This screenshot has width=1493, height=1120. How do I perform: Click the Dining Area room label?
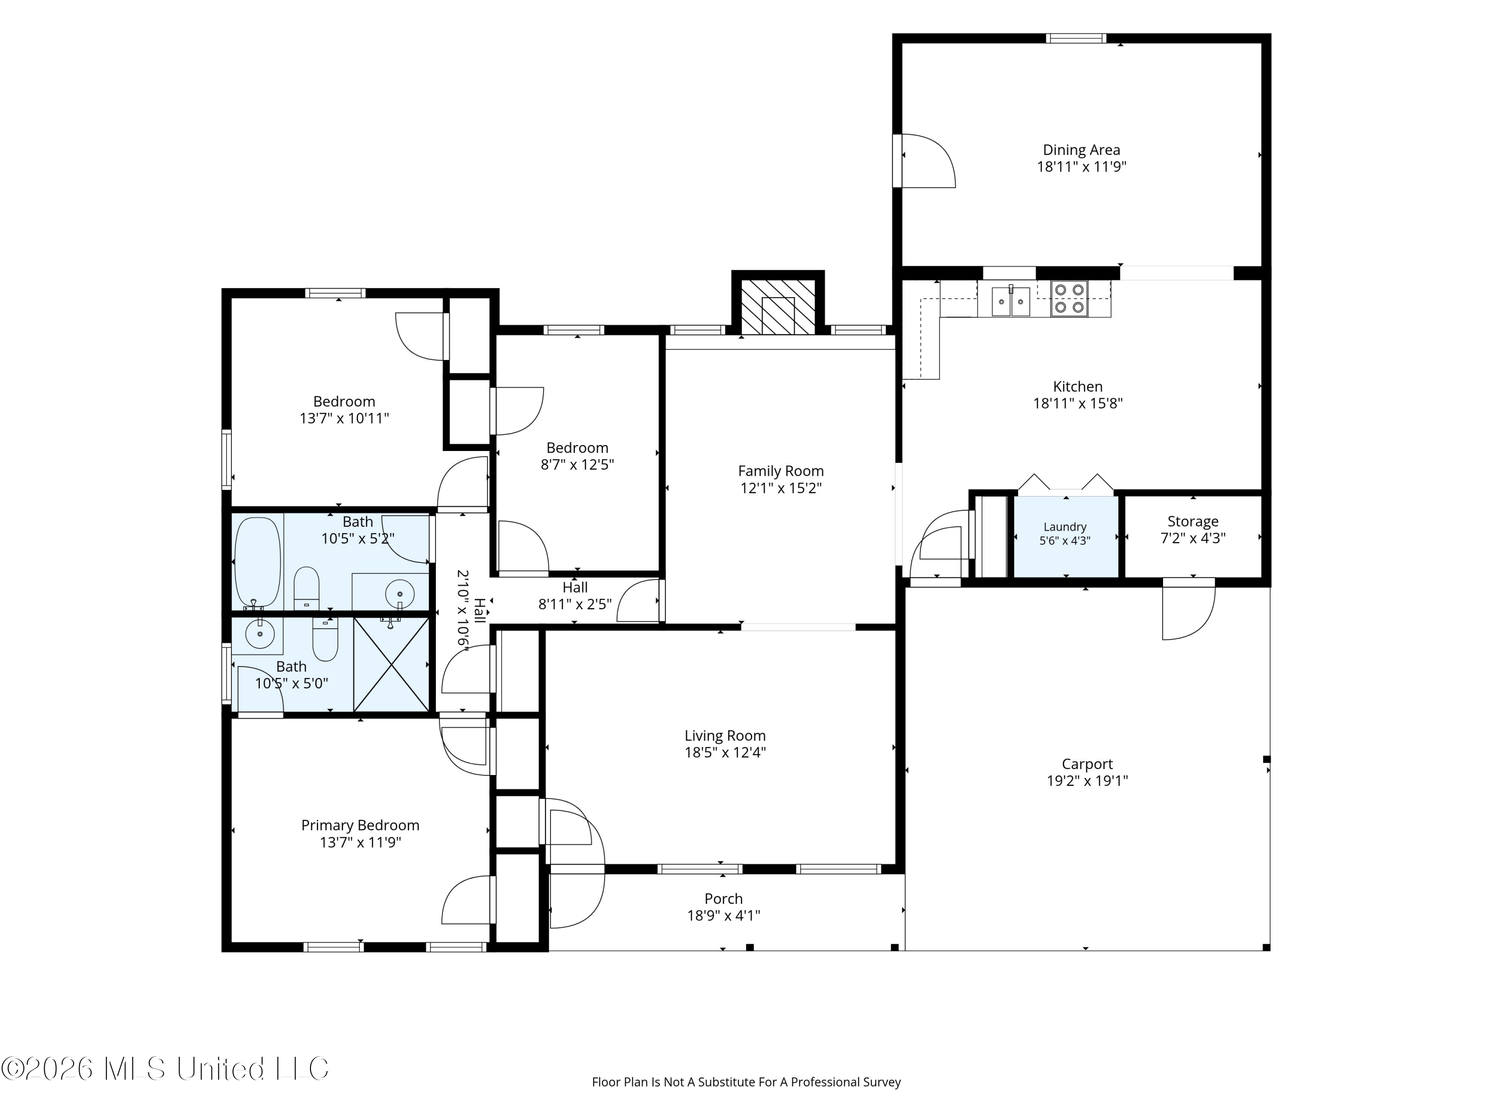point(1081,150)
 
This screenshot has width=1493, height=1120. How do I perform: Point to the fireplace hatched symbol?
point(778,307)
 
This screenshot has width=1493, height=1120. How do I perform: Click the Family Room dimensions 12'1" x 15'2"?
point(781,488)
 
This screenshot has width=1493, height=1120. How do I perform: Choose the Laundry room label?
point(1065,527)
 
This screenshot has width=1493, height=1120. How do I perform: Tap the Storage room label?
point(1192,521)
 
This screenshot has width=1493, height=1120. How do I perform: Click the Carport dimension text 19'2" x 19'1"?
point(1087,781)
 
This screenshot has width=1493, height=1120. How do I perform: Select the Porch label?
point(724,898)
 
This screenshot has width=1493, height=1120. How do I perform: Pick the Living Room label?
point(725,735)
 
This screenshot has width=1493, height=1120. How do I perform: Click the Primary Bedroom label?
point(360,825)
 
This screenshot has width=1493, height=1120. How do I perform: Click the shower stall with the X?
point(392,665)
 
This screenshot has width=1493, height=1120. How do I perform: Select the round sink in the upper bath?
point(400,593)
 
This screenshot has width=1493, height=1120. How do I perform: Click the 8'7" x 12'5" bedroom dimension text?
point(577,464)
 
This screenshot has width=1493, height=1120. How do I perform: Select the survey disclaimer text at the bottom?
point(746,1082)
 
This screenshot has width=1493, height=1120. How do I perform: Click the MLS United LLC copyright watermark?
point(165,1069)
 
